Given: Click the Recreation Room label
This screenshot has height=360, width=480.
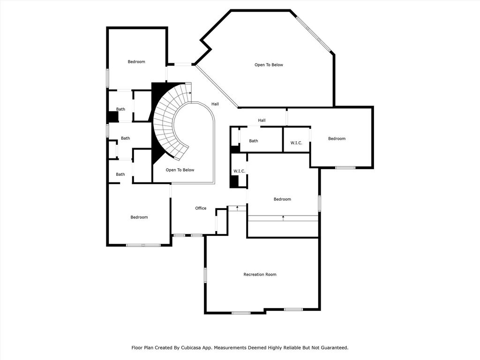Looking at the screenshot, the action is [260, 275].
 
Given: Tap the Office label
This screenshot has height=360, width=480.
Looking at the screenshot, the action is [201, 208].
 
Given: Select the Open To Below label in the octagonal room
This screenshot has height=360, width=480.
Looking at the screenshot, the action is [269, 65].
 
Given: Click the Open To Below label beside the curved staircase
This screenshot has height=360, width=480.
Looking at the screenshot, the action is [180, 170].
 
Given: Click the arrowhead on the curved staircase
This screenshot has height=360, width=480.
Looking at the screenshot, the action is [190, 93].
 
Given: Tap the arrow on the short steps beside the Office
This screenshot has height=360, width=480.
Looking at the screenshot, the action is [237, 209].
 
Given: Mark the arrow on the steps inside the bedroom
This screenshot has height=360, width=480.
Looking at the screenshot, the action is [283, 218].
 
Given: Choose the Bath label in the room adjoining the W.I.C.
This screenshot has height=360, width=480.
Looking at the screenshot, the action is [254, 141].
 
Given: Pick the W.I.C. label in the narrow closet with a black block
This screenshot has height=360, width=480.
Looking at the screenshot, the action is [240, 171].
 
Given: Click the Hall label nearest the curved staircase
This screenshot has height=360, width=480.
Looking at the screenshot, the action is [215, 104].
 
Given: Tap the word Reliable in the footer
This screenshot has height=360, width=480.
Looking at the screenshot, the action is [293, 348].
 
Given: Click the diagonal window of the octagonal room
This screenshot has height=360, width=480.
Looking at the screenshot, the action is [314, 34].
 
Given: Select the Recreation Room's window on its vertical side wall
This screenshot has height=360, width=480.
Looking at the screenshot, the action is [205, 275].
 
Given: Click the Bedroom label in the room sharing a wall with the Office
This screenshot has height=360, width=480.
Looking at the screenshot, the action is [139, 217].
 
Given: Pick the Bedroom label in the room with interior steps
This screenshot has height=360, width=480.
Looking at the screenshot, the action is [282, 199].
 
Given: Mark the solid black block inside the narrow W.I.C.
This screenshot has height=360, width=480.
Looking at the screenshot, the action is [234, 182].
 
